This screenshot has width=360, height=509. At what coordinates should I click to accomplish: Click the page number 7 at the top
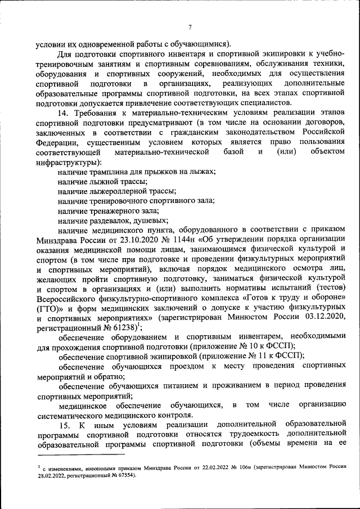(x=190, y=28)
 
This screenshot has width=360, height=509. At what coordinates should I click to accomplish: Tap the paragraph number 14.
(x=63, y=112)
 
